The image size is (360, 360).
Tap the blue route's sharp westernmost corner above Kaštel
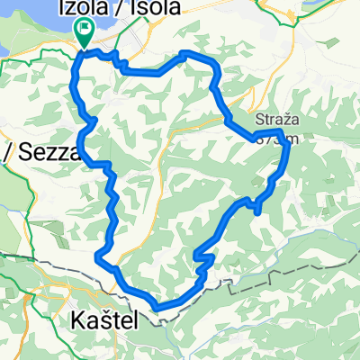click(95, 257)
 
